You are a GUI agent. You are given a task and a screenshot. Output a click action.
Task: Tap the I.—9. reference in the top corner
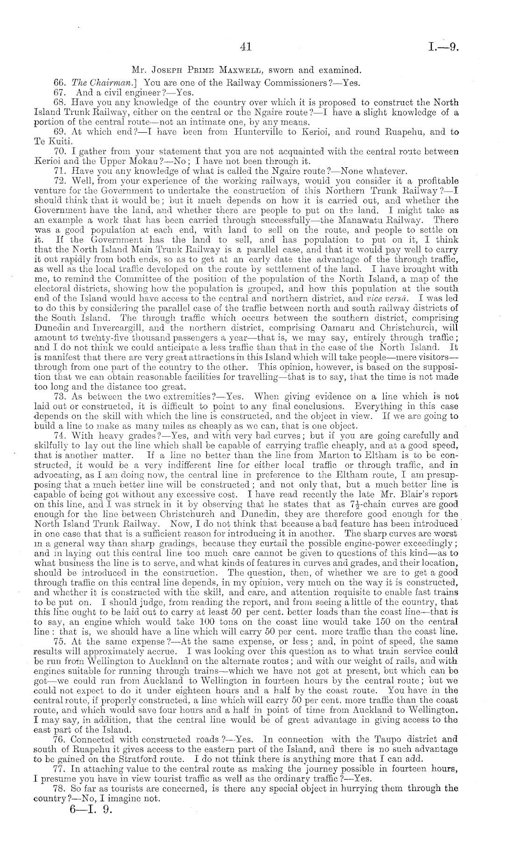(444, 47)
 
